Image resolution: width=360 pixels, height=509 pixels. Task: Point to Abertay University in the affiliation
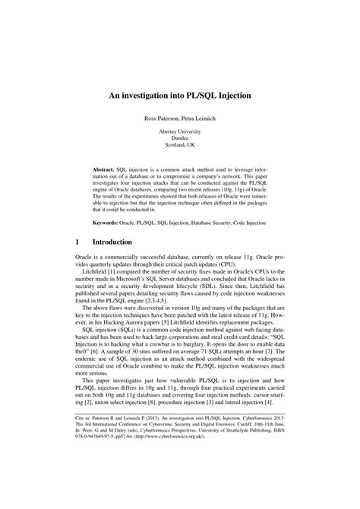point(179,132)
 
